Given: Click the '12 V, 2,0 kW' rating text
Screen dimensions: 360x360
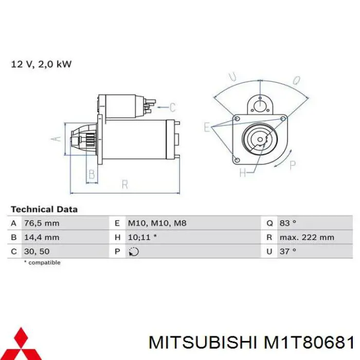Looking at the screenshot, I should click(x=41, y=64).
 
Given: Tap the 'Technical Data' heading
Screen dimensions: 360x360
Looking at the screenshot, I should click(x=44, y=209).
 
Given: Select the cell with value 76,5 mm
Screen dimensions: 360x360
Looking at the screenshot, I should click(x=42, y=223).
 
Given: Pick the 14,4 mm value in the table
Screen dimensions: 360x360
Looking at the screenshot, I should click(x=42, y=238).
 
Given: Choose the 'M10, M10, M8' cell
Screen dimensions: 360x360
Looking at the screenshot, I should click(x=157, y=223).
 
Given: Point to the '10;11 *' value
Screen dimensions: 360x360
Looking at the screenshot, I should click(x=142, y=238).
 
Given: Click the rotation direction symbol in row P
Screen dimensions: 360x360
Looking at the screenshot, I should click(x=133, y=252).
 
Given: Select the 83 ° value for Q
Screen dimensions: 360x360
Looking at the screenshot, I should click(x=288, y=223).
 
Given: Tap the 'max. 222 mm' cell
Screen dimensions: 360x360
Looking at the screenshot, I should click(x=307, y=238).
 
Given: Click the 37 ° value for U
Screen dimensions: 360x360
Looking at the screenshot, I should click(x=288, y=251).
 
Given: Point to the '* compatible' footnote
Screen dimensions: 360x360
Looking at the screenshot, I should click(x=42, y=263).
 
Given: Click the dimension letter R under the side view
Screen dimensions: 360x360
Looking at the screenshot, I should click(x=124, y=184).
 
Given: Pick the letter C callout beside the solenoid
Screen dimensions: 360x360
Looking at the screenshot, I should click(x=173, y=107).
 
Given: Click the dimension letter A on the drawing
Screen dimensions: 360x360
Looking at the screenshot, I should click(x=57, y=139).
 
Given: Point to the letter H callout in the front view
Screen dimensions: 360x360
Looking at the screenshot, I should click(x=242, y=173).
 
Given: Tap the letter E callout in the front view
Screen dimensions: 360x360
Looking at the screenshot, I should click(x=207, y=127).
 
